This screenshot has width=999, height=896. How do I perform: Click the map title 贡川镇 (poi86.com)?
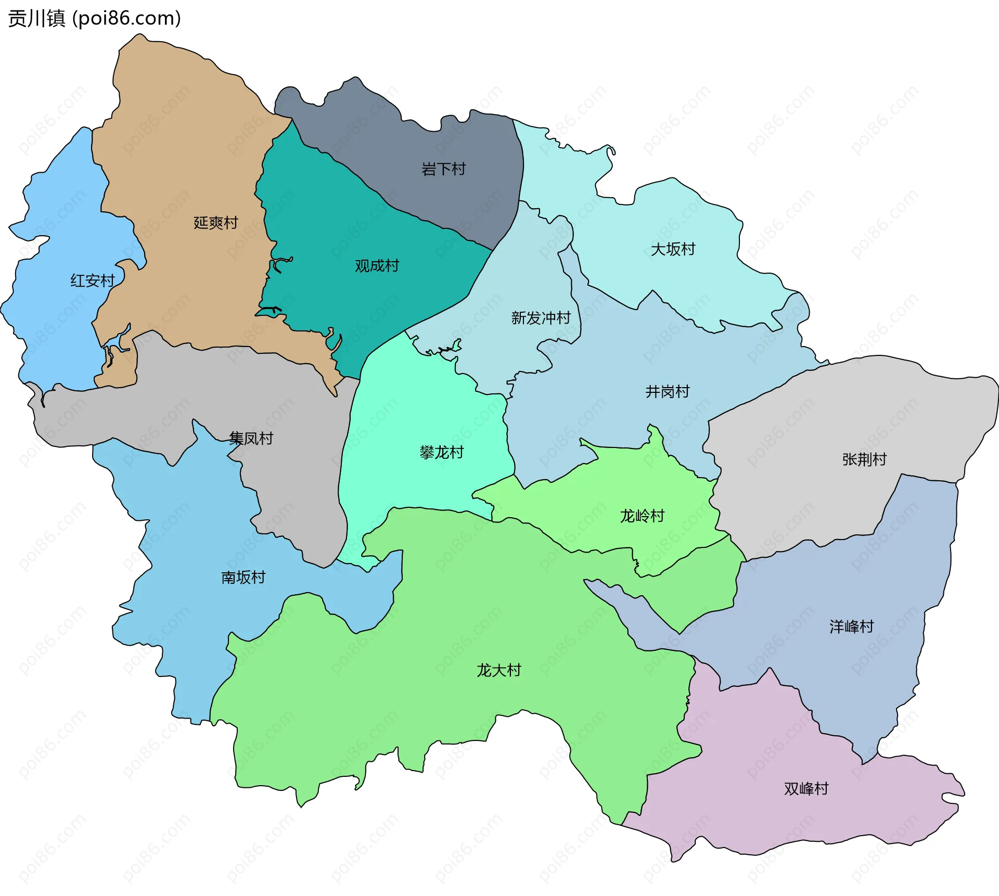94,18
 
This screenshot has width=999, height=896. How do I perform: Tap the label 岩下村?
443,169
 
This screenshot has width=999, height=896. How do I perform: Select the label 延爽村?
216,223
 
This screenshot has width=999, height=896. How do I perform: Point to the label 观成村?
377,266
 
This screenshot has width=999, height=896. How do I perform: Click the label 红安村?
93,281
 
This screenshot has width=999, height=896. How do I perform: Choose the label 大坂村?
673,249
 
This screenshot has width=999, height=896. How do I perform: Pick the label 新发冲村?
541,318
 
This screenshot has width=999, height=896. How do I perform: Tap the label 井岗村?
667,391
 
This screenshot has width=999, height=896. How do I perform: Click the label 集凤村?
251,438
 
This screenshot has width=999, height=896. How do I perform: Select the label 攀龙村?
441,452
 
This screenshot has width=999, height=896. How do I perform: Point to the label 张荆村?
864,459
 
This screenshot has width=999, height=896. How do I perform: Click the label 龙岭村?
642,516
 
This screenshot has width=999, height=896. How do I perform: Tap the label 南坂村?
243,577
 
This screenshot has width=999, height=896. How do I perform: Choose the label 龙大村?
498,670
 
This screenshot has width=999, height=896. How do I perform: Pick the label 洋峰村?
851,626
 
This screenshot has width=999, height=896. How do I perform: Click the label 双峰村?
806,789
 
